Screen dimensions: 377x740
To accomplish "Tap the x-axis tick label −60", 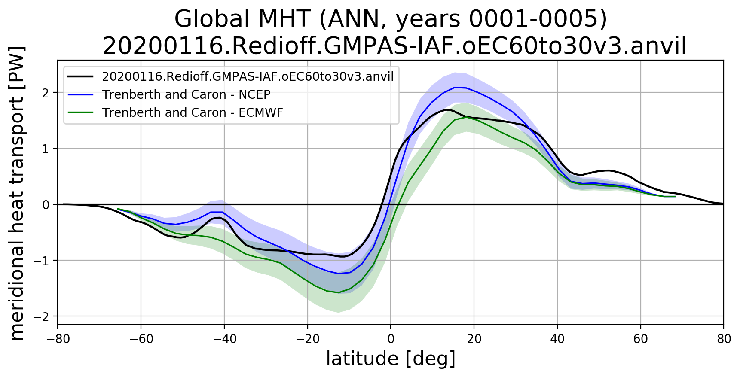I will click(x=141, y=339).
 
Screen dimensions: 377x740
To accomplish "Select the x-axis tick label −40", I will click(x=224, y=339).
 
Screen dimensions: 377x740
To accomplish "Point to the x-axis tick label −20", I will click(x=308, y=339).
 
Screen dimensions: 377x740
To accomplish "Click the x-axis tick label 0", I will click(x=391, y=339).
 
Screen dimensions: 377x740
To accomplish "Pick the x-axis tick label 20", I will click(x=474, y=339).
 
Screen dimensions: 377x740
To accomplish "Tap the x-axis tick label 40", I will click(x=557, y=339).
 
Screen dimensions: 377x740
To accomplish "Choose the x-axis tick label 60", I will click(x=641, y=339).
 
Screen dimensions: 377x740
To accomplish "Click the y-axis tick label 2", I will click(x=46, y=93).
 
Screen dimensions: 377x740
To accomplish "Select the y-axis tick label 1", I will click(x=46, y=149).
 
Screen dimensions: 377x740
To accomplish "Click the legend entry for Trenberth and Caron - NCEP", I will click(x=186, y=94).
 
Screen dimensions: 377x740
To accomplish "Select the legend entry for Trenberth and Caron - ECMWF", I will click(x=193, y=112).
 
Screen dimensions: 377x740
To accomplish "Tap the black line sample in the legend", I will click(x=81, y=76).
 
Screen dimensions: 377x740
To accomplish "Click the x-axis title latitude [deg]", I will click(x=391, y=359).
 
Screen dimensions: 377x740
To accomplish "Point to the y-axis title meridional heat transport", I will click(x=17, y=193).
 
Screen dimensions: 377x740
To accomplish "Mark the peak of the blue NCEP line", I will click(x=455, y=87).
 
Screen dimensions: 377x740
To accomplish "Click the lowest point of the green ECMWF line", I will click(x=338, y=293).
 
